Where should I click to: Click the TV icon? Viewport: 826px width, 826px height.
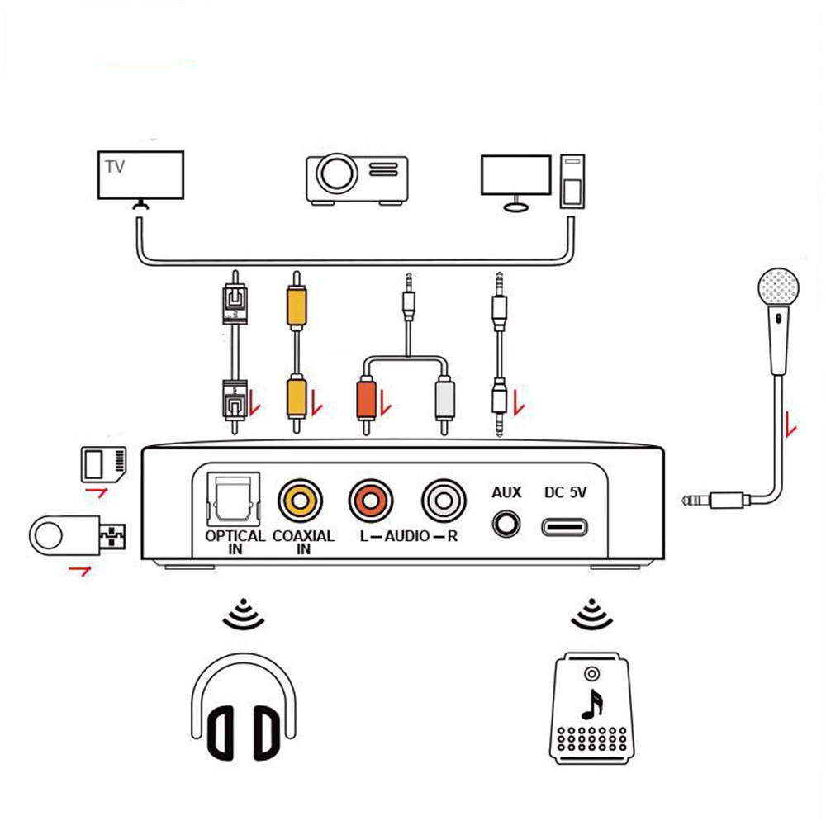click(140, 176)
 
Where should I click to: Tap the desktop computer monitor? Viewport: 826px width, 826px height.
click(515, 176)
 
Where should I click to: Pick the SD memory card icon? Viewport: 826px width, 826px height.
click(104, 463)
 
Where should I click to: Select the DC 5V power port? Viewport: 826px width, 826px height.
click(565, 525)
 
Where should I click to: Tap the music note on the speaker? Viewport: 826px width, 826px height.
click(591, 702)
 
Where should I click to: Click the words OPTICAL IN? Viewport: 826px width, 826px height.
click(235, 542)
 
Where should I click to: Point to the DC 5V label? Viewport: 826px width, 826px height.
click(566, 492)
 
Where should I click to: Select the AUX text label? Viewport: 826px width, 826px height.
click(506, 492)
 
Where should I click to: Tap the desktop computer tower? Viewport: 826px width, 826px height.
click(572, 182)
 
